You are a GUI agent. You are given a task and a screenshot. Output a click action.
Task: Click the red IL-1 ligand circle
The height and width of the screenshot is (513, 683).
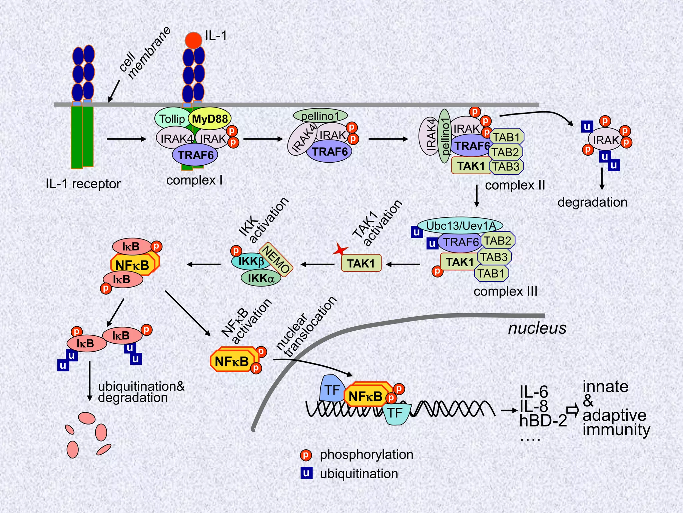pos(193,40)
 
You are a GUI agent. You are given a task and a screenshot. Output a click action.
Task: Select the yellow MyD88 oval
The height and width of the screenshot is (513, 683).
pos(210,119)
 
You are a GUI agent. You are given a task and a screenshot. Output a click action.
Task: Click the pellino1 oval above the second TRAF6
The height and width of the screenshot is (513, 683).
pos(320,116)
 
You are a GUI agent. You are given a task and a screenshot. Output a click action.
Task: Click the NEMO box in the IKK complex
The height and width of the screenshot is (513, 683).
pos(276,259)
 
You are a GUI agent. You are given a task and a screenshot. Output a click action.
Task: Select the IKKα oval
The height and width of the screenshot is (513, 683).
pos(261,278)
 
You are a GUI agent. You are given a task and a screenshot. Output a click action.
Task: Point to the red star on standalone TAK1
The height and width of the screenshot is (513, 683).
pos(340,249)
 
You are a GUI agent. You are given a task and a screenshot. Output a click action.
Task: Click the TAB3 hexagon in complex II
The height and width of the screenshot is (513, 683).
pos(506,166)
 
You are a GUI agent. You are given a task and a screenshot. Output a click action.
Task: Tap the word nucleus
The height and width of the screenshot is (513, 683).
pos(537,328)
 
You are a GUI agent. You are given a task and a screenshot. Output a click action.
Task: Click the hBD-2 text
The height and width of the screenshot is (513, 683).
pos(543,421)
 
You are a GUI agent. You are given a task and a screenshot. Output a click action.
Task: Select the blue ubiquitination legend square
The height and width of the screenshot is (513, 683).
pos(306,473)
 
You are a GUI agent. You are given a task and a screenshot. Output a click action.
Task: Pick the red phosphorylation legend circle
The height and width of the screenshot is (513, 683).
pos(306,455)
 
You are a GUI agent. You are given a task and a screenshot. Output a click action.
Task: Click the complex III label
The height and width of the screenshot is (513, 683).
pos(505,291)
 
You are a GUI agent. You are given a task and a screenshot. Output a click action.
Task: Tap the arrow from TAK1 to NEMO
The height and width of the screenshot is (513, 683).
pos(317,265)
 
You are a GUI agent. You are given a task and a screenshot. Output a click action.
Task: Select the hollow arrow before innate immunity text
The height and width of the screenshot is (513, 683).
pos(573,410)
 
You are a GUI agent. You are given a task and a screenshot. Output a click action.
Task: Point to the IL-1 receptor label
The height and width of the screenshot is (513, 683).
pos(83,184)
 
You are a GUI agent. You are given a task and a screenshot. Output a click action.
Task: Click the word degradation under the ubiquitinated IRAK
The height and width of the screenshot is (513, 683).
pos(592,202)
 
